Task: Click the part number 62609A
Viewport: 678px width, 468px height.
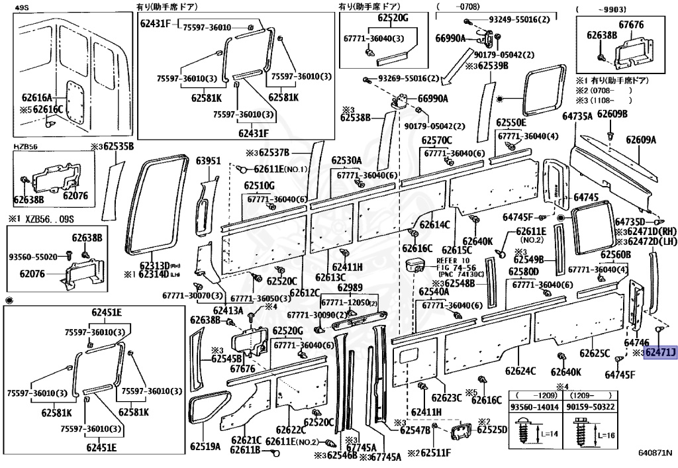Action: pyautogui.click(x=641, y=140)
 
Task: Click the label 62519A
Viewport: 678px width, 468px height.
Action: pyautogui.click(x=206, y=447)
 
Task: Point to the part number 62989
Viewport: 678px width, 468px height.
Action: pyautogui.click(x=350, y=288)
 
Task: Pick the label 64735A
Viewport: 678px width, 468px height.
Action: pyautogui.click(x=577, y=117)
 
